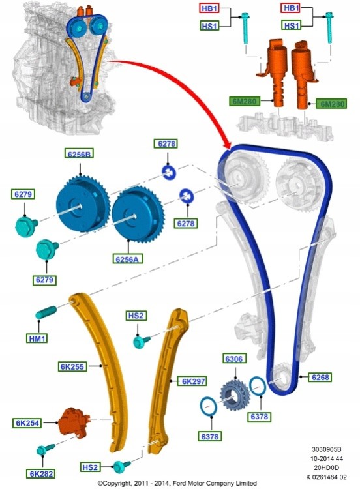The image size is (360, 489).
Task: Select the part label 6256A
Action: (127, 259)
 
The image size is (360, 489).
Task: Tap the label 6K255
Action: (72, 366)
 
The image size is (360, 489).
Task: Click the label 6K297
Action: (193, 381)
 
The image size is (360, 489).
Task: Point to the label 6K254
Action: (27, 423)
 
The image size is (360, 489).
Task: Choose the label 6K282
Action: (41, 473)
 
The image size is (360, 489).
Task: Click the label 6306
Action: (234, 359)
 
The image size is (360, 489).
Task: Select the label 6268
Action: (320, 377)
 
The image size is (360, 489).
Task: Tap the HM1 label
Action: (37, 338)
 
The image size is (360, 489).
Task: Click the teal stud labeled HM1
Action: (46, 312)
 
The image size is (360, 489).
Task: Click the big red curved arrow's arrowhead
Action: (226, 144)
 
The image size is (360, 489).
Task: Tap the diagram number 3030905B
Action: (327, 449)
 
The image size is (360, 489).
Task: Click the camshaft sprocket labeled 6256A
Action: (137, 215)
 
